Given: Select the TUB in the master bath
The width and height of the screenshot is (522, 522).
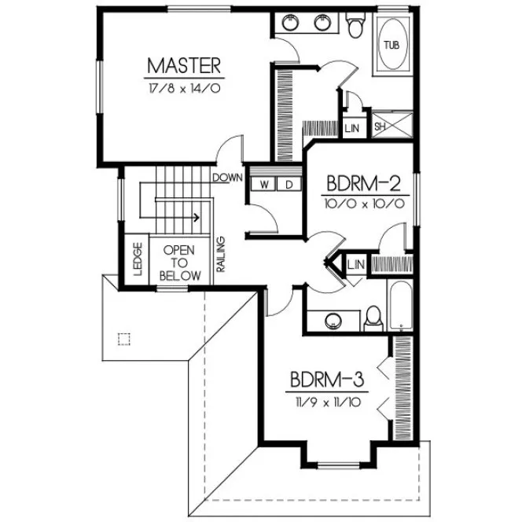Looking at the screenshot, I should (391, 45).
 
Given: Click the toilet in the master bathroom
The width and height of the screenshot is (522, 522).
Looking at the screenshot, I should (355, 26).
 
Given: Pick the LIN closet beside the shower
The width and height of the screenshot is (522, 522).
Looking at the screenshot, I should (351, 126).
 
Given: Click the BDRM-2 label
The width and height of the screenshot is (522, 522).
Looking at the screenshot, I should (364, 184).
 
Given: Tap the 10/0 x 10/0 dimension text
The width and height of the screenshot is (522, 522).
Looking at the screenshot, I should (364, 204).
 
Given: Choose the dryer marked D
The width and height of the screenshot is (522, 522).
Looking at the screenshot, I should (288, 184).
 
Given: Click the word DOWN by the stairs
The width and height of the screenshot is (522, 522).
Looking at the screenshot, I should (226, 178).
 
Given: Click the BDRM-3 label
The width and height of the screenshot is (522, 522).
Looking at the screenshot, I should (326, 381).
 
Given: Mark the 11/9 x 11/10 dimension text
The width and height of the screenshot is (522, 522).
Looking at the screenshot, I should (326, 403).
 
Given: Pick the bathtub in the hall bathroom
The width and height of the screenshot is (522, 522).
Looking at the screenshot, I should (399, 307).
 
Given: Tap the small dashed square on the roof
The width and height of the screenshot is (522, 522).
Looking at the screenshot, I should (122, 339).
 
